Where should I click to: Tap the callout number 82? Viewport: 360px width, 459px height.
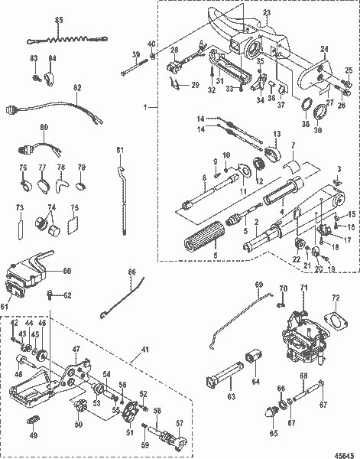click(x=76, y=89)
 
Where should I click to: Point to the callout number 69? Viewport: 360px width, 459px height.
click(x=258, y=285)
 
